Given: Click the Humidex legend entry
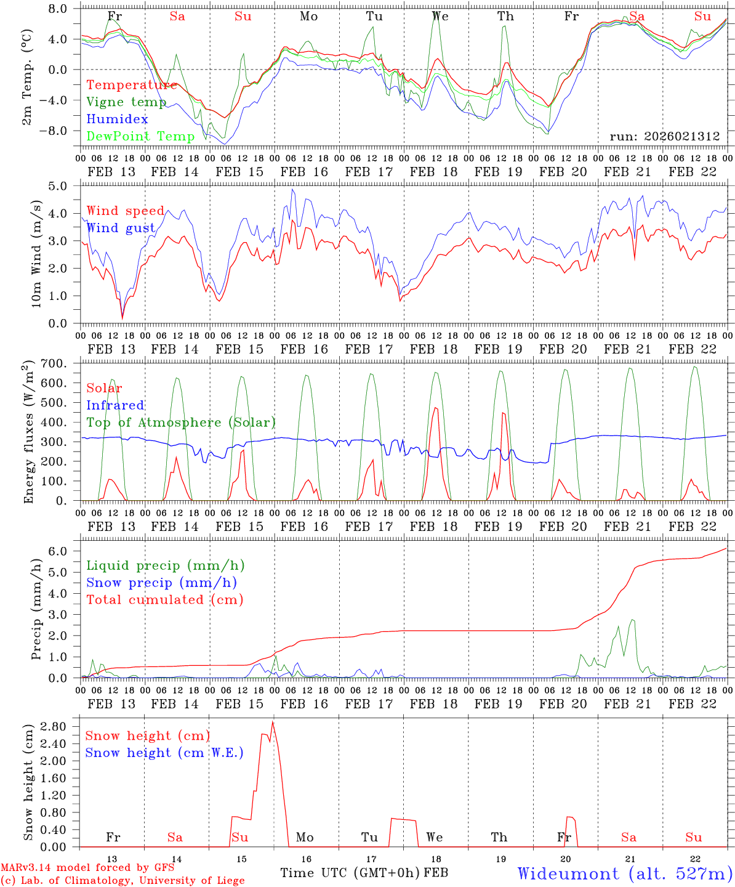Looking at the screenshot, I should (x=118, y=119).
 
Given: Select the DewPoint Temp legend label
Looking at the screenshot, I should (x=140, y=136).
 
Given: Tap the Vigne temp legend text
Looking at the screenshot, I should (x=126, y=102).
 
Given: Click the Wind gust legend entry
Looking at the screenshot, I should (x=121, y=228).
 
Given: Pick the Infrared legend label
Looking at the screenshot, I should (x=115, y=405).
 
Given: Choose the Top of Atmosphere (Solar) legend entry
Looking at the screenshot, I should (x=180, y=423).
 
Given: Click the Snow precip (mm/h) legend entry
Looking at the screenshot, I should (x=161, y=583).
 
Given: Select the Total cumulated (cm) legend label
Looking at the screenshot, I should (x=164, y=599).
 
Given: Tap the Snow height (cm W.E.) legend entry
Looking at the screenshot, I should (x=164, y=753).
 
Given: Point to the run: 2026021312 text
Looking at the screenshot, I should (x=664, y=137).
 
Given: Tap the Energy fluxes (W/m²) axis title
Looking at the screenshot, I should (x=28, y=434).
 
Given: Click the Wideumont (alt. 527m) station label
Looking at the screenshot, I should (x=625, y=873).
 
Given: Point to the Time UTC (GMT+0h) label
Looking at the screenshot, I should (x=350, y=873).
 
